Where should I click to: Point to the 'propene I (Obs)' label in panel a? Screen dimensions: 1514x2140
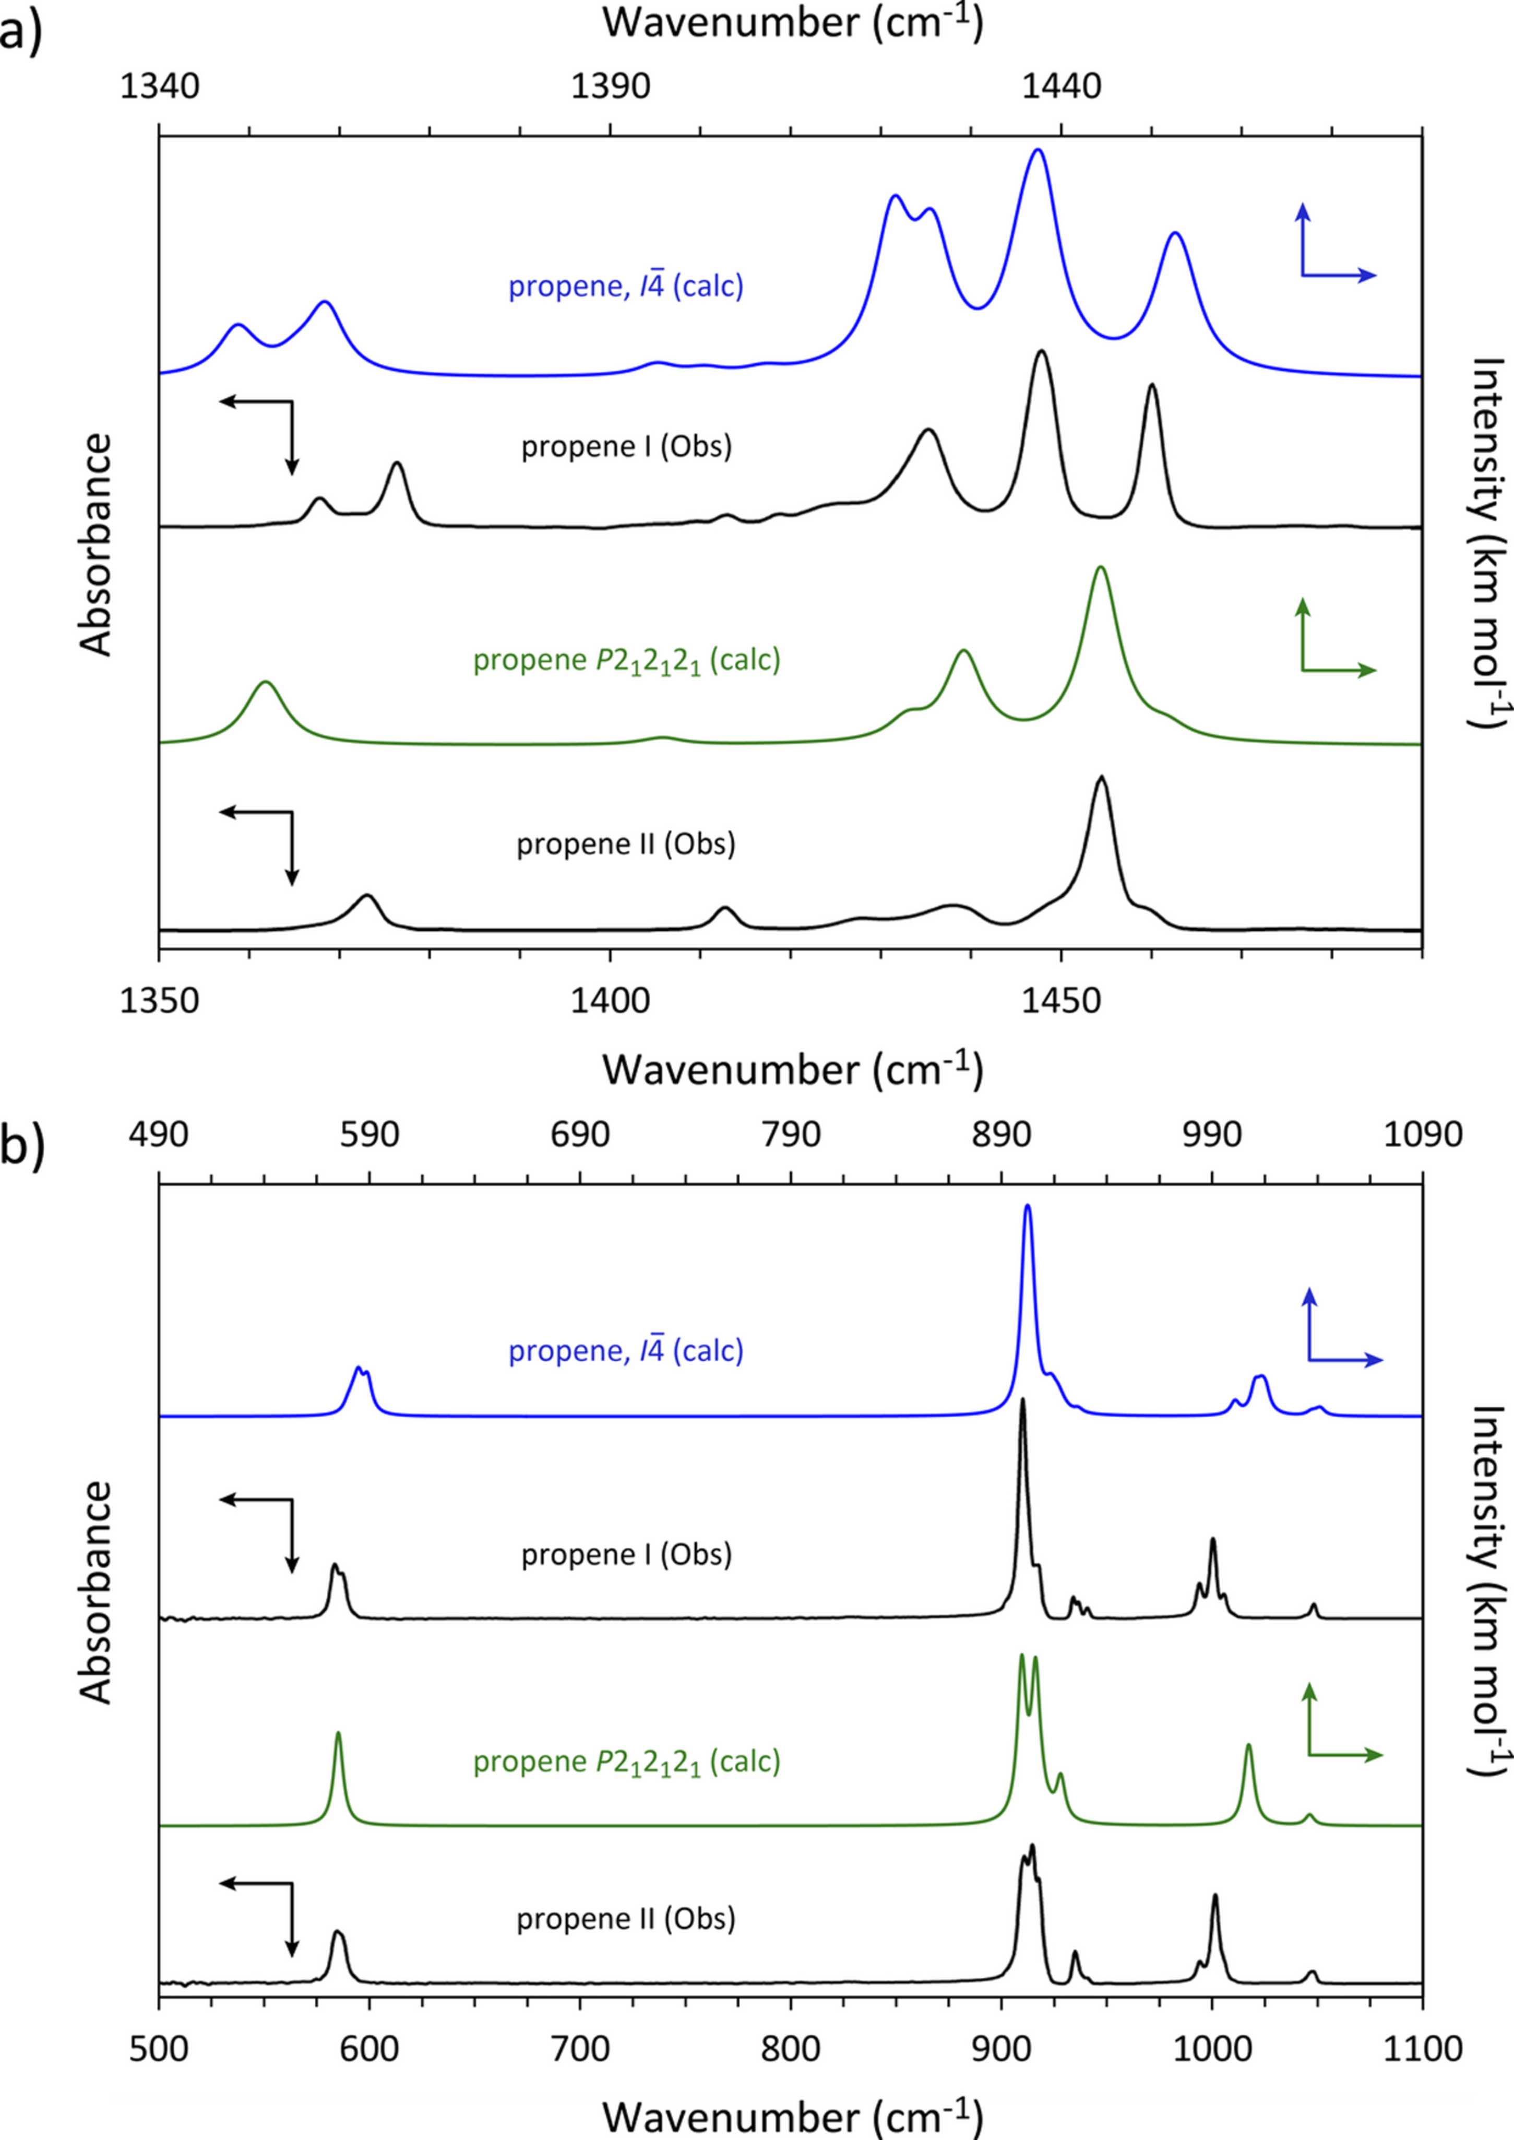626,448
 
